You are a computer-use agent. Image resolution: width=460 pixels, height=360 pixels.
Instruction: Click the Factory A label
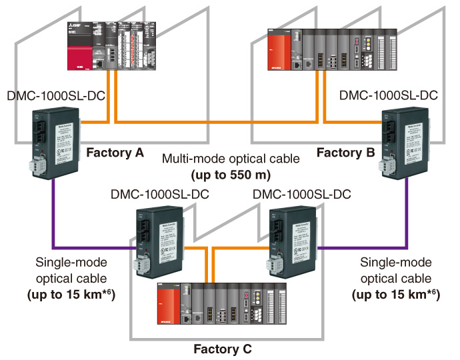(115, 152)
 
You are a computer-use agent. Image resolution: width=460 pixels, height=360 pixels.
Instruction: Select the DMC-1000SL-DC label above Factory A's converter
(53, 95)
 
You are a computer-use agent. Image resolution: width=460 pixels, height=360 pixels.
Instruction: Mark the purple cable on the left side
(53, 220)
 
